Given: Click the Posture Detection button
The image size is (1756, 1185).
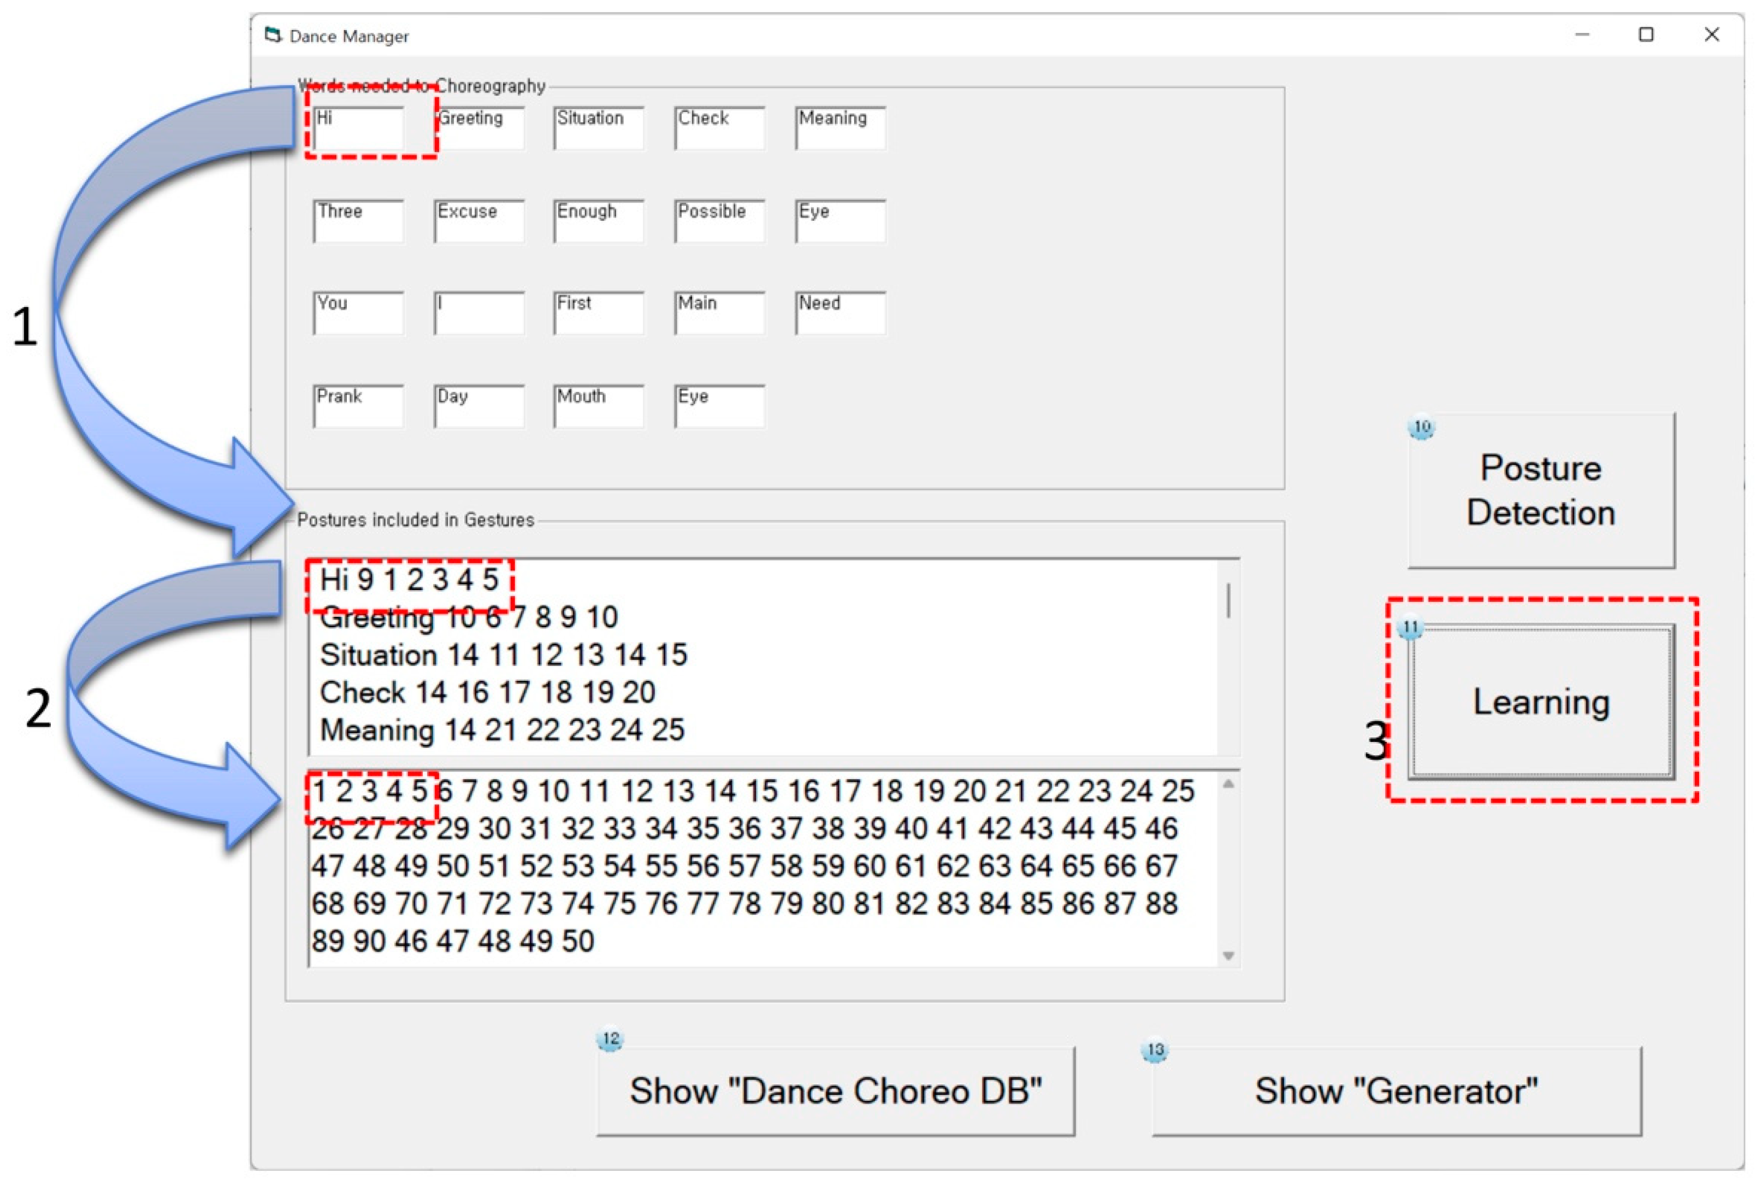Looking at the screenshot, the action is pos(1541,491).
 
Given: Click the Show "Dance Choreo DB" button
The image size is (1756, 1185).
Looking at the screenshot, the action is pos(836,1090).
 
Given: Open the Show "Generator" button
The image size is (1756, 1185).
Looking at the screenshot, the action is pos(1397,1090).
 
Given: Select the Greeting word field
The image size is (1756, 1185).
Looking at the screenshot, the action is pos(479,128).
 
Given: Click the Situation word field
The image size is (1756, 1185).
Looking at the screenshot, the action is pos(599,128).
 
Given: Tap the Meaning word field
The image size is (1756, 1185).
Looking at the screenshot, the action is pos(840,128).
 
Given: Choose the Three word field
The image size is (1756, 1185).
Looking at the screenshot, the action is pos(358,221).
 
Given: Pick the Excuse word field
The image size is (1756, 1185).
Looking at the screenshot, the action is pos(479,221).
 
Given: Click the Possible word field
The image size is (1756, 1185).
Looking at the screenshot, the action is pos(719,221).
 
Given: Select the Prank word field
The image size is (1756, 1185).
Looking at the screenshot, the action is pos(358,406).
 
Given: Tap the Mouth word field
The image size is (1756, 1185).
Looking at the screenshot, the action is pos(599,406).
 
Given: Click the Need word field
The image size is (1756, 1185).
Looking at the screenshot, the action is pos(840,313).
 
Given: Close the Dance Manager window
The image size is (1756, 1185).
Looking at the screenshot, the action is pos(1711,35).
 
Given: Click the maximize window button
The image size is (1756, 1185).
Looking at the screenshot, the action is pos(1646,35).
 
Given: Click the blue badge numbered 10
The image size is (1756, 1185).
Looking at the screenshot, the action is pos(1422,427).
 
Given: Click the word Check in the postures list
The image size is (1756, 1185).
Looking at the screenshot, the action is pos(363,692).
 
